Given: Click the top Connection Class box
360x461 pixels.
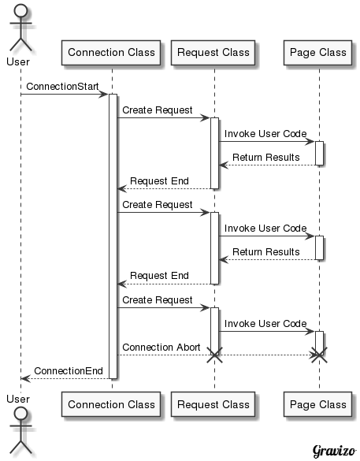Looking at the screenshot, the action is [x=111, y=53].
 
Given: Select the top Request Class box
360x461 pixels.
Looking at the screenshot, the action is [x=213, y=53].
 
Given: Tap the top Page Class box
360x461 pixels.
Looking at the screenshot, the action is [x=317, y=53].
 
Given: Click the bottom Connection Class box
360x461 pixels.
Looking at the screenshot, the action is [x=111, y=404].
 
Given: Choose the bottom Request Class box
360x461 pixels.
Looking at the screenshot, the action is [x=213, y=404].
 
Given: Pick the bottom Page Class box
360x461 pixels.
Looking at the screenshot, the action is [x=317, y=404].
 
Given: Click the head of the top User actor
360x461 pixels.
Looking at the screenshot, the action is [x=20, y=11].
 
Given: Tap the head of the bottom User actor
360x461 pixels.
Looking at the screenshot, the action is [x=20, y=414].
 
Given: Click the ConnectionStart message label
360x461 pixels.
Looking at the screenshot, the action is [x=62, y=87].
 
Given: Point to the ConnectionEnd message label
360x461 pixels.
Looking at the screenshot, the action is [x=69, y=371].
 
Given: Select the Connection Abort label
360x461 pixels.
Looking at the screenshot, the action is [x=161, y=348].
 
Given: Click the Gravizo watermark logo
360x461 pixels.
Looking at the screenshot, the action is [x=334, y=451].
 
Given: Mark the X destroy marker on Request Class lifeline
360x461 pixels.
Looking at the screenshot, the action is [x=214, y=355].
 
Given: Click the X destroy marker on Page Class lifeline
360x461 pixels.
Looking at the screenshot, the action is [x=320, y=355].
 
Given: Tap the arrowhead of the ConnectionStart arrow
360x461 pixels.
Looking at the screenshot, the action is [x=104, y=95].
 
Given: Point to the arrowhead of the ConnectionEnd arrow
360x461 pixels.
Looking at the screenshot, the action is [x=26, y=379].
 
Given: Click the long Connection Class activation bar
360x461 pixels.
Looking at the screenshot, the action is [x=113, y=236].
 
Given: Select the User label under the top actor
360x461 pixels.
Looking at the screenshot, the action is [x=18, y=62].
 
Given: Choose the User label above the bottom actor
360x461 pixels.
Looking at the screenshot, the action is [x=18, y=400].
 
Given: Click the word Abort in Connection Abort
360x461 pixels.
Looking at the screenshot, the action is [x=187, y=348].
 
